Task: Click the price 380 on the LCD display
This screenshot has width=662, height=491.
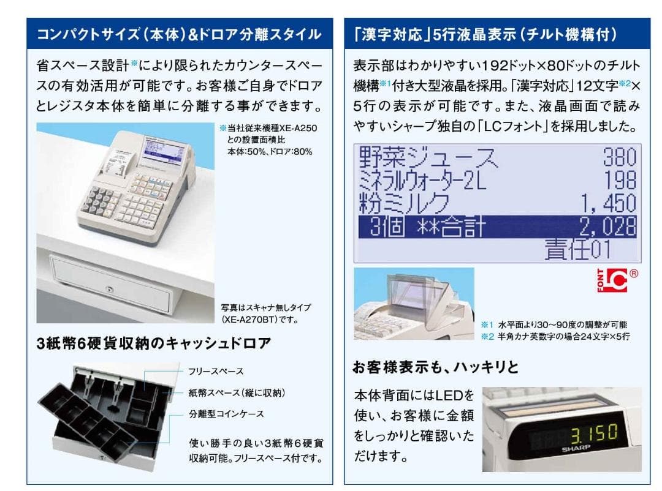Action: coord(619,158)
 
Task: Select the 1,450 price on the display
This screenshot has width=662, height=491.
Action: coord(608,203)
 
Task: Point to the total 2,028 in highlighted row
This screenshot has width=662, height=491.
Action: coord(607,227)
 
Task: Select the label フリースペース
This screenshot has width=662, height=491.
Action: coord(216,371)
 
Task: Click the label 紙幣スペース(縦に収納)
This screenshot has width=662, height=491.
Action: coord(237,392)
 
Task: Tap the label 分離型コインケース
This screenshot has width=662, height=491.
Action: coord(226,414)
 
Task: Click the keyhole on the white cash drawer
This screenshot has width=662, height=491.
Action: coord(110,287)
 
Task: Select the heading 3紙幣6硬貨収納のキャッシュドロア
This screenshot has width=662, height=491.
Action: coord(153,343)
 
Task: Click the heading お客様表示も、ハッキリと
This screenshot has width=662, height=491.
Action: coord(435,367)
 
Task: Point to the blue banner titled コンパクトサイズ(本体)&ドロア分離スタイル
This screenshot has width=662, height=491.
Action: coord(180,34)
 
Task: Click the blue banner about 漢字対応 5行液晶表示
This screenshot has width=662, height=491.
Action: coord(497,34)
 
